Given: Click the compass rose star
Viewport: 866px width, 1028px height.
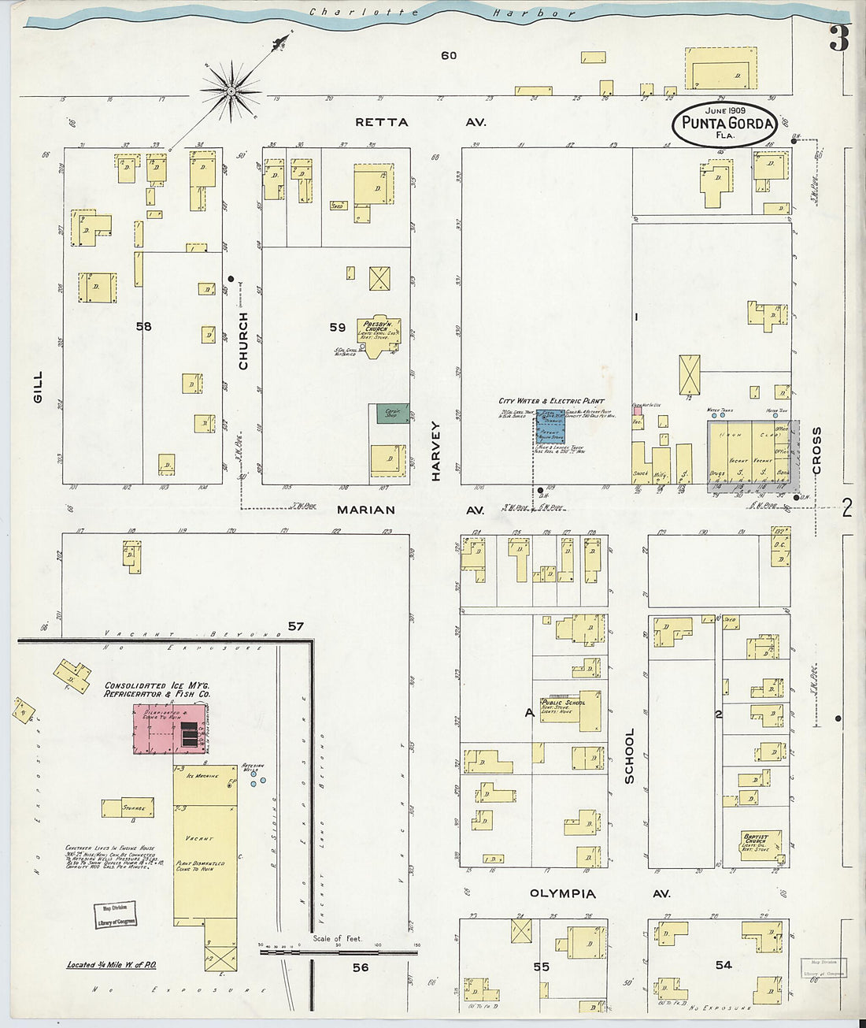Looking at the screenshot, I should point(231,91).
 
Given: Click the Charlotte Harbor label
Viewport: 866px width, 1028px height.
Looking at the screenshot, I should point(441,13).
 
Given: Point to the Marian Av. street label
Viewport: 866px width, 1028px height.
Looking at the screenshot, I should point(409,510).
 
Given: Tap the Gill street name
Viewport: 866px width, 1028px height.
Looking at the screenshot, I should point(39,388).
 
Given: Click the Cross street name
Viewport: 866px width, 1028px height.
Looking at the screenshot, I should point(816,451).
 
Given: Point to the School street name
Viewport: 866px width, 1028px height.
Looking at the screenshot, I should point(628,756).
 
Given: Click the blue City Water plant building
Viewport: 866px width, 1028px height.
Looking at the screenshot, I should point(550,427).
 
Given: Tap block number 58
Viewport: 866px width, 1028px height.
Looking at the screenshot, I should point(142,326).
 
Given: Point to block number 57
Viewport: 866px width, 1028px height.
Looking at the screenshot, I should point(295,626).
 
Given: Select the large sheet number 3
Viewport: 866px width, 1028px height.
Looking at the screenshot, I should point(839,39).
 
